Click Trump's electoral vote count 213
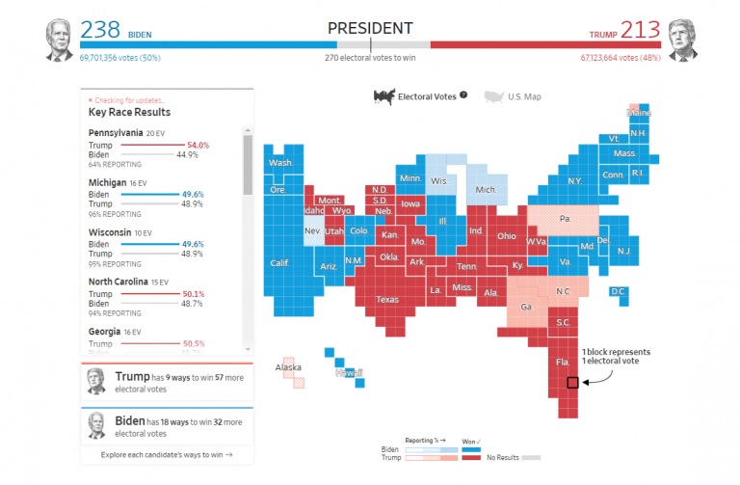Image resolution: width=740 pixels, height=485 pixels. click(641, 30)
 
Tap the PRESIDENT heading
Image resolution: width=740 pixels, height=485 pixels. click(370, 28)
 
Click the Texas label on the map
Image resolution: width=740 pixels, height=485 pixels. click(386, 299)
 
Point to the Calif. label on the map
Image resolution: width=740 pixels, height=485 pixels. click(280, 262)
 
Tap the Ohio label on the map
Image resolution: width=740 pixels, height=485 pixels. click(506, 235)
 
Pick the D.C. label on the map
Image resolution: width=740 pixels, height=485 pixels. click(619, 291)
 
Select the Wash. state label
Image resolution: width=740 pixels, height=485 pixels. click(281, 163)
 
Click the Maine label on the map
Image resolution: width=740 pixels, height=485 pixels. click(639, 113)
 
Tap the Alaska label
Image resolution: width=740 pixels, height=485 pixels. click(288, 367)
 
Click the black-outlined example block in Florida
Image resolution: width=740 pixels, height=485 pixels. click(572, 383)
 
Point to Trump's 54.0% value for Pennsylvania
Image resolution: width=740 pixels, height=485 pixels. click(197, 145)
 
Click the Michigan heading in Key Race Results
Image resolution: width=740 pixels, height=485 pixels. click(108, 182)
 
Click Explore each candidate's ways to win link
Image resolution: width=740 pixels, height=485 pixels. click(167, 453)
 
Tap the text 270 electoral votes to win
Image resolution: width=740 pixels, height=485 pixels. click(370, 57)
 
